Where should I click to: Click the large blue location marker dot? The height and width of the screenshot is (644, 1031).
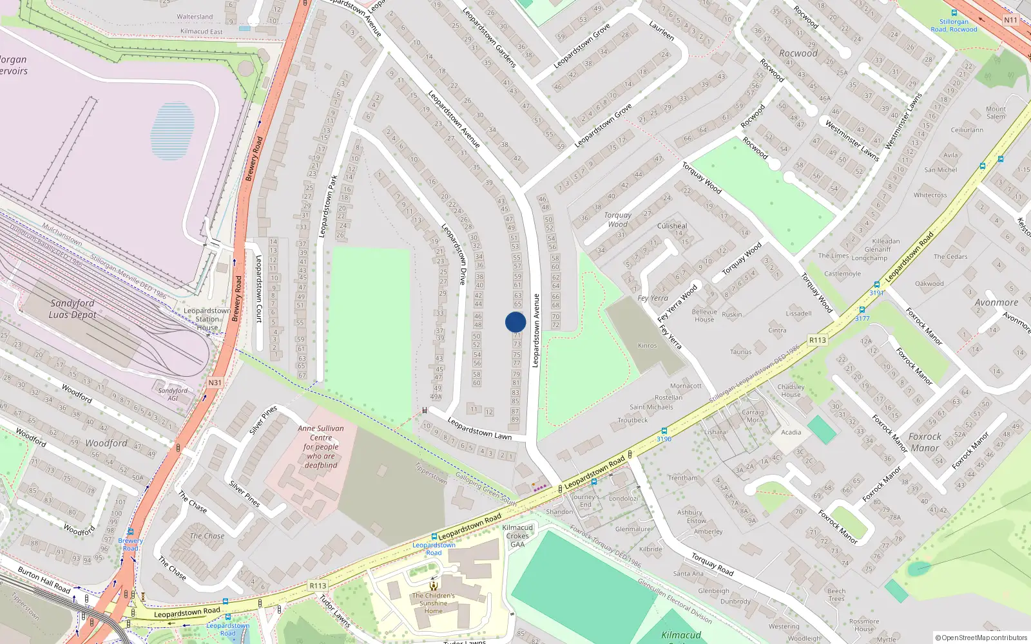[515, 322]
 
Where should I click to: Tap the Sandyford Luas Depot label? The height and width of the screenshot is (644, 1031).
[72, 309]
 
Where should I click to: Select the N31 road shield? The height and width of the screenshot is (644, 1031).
[215, 383]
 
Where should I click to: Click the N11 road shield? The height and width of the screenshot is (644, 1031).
[1010, 20]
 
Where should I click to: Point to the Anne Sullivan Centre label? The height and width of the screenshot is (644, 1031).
[321, 446]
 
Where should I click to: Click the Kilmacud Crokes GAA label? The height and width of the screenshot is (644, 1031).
[517, 536]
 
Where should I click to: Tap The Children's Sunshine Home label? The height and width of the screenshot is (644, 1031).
[434, 603]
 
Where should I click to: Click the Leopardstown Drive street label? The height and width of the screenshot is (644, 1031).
[454, 254]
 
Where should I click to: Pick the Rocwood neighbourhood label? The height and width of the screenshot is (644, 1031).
[798, 53]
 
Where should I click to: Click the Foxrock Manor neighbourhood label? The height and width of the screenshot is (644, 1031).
[925, 442]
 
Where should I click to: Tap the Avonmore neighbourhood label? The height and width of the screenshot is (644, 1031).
[996, 303]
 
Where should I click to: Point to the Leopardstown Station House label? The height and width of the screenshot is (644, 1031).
[207, 319]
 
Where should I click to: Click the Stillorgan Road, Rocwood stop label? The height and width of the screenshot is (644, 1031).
[954, 25]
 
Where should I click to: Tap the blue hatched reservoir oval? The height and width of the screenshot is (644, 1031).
[172, 131]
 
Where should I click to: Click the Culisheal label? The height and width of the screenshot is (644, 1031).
[672, 226]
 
